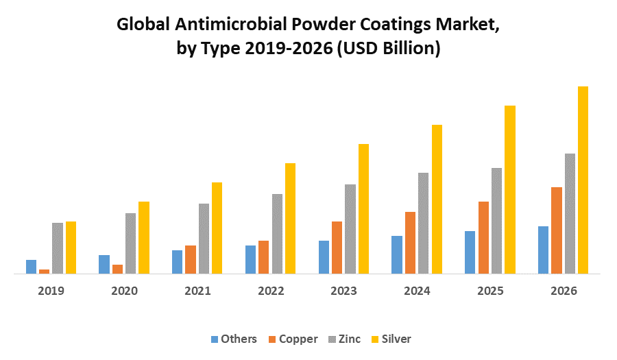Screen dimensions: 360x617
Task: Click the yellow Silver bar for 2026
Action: pyautogui.click(x=583, y=180)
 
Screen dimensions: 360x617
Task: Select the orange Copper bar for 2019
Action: pyautogui.click(x=45, y=272)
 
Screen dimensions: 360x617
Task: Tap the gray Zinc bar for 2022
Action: pyautogui.click(x=277, y=234)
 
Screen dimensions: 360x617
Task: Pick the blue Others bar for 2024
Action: pyautogui.click(x=397, y=254)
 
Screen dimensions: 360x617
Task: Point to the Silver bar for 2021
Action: pyautogui.click(x=217, y=228)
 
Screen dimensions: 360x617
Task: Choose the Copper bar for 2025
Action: pyautogui.click(x=483, y=237)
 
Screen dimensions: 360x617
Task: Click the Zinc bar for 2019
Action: pyautogui.click(x=58, y=248)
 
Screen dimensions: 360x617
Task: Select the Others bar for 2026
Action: pyautogui.click(x=543, y=250)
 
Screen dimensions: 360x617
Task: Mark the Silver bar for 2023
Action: pyautogui.click(x=363, y=208)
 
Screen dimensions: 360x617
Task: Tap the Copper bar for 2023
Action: pyautogui.click(x=337, y=248)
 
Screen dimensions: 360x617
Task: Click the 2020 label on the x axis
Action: pyautogui.click(x=124, y=291)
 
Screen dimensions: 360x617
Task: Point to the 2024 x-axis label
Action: pyautogui.click(x=417, y=291)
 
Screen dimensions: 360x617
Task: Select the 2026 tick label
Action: pyautogui.click(x=564, y=291)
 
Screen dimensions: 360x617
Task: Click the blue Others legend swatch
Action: pyautogui.click(x=215, y=339)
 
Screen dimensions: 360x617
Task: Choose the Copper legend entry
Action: pyautogui.click(x=293, y=339)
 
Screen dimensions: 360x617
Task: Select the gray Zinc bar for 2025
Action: pyautogui.click(x=496, y=221)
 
